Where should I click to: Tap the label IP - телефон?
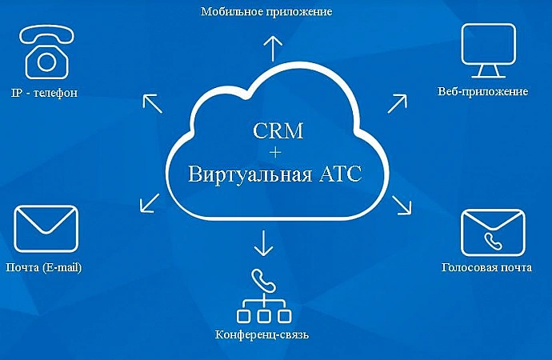point(44,93)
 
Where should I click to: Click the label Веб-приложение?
point(482,91)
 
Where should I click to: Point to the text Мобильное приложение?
point(266,12)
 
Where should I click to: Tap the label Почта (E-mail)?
point(44,267)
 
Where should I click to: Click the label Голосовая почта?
point(486,267)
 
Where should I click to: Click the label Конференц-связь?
point(262,334)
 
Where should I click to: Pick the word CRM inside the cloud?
point(278,130)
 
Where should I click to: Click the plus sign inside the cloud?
point(275,152)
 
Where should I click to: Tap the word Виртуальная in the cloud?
point(250,174)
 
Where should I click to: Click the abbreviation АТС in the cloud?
point(340,174)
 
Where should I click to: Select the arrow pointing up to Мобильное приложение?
point(273,49)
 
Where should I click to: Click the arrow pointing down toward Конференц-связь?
point(263,243)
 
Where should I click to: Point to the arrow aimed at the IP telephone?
point(153,103)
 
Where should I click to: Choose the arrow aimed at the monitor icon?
point(397,103)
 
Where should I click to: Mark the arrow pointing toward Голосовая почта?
point(402,205)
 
